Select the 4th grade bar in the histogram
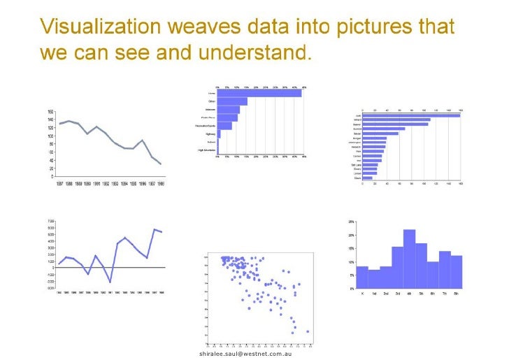[410, 259]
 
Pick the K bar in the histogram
[362, 278]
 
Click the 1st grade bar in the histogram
[374, 280]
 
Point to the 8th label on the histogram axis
[457, 294]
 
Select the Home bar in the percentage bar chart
[259, 93]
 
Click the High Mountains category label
[206, 150]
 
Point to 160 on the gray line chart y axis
[50, 112]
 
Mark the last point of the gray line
[161, 164]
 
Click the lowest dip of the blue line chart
[110, 282]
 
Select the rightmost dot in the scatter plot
[308, 331]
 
